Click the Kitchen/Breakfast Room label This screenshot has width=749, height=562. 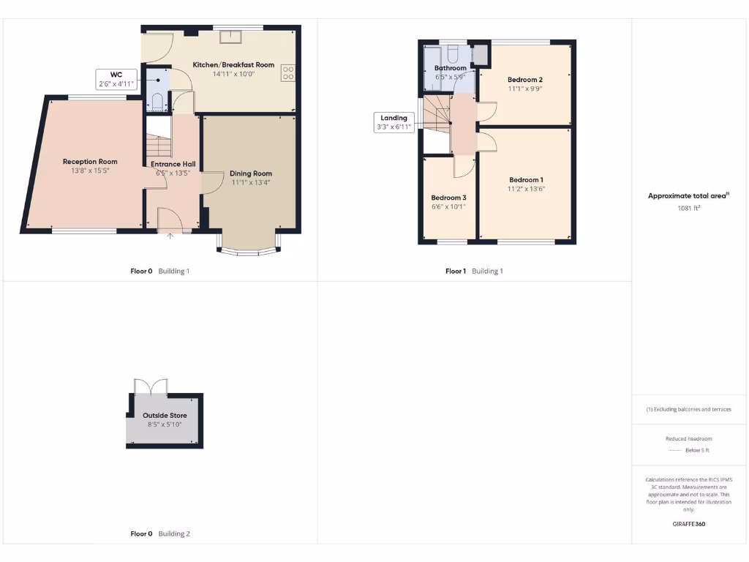(x=233, y=65)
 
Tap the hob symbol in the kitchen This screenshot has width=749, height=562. (x=288, y=73)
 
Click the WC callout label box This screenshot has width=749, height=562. (x=116, y=80)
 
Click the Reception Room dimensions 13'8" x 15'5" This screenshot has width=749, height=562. (x=90, y=171)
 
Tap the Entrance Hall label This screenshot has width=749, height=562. (x=173, y=164)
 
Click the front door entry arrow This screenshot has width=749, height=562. (x=170, y=236)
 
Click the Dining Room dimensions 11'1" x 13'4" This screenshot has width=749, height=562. (x=251, y=183)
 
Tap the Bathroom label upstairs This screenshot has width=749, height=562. (x=451, y=68)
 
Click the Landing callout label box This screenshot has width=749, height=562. (x=394, y=122)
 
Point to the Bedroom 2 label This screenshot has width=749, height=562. (x=525, y=79)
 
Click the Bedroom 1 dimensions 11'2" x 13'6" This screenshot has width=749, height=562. (x=527, y=189)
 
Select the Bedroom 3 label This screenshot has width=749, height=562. (x=448, y=198)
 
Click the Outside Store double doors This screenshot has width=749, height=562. (x=151, y=386)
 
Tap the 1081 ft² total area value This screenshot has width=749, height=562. (x=689, y=208)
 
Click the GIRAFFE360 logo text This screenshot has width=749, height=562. (x=688, y=524)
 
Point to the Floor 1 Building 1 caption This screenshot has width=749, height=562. (x=474, y=271)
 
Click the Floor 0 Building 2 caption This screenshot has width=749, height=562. (x=159, y=534)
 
